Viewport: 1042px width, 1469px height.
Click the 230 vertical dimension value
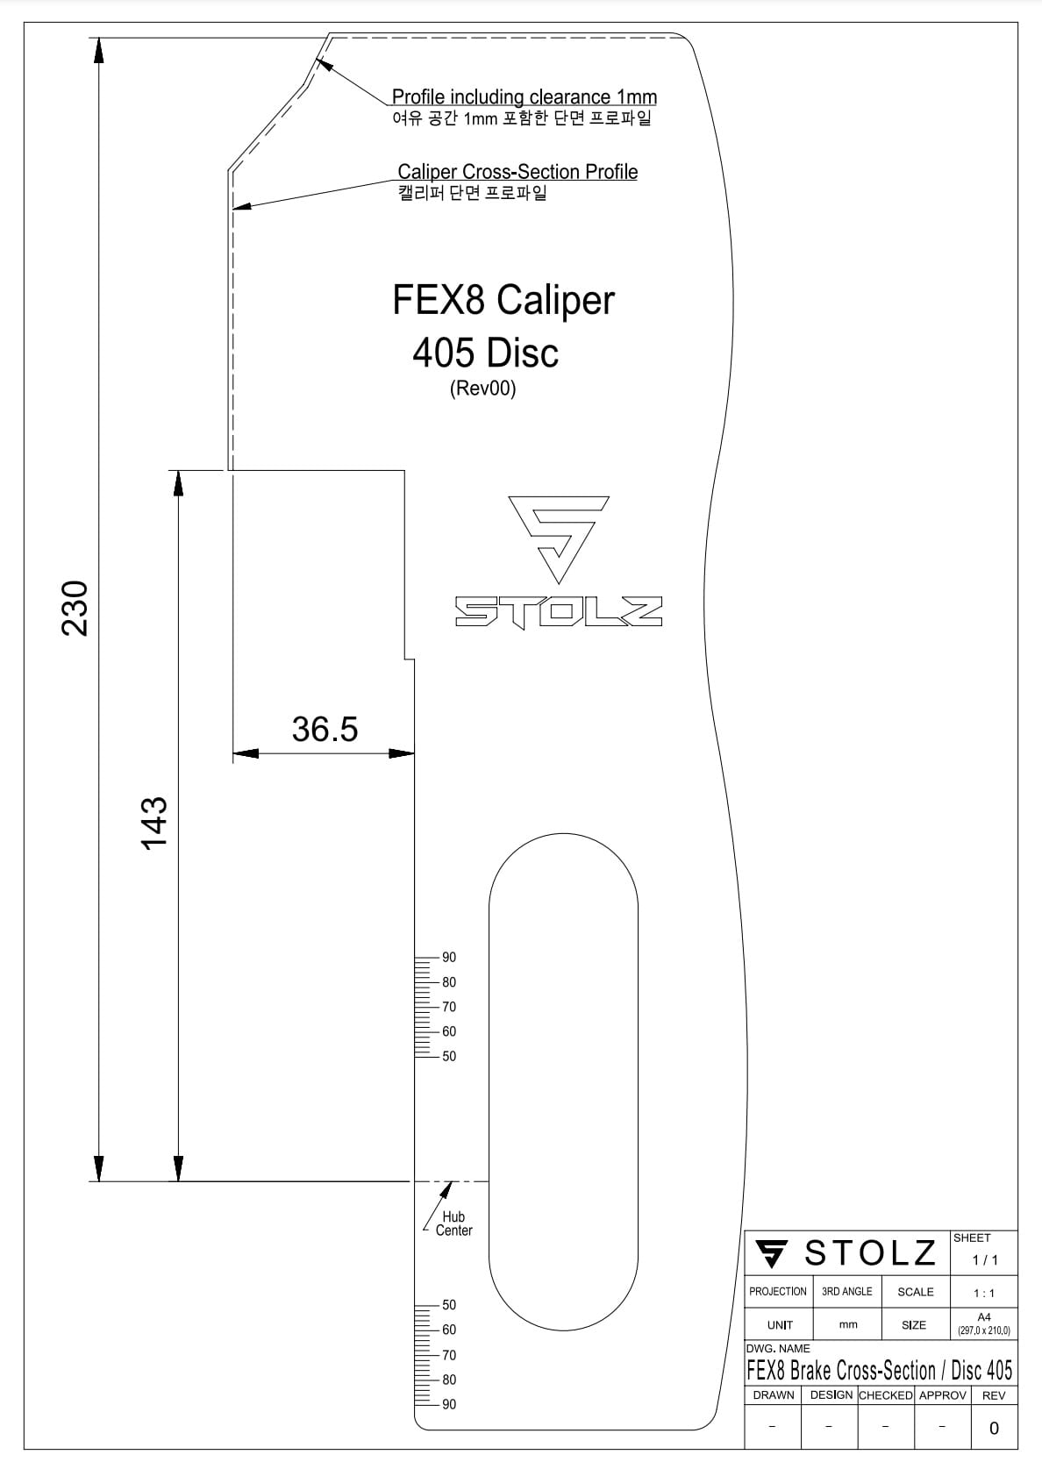(75, 608)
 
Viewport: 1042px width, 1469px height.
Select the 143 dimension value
(154, 823)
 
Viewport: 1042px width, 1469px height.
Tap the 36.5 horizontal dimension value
(325, 729)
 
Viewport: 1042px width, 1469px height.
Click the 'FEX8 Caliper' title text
(503, 300)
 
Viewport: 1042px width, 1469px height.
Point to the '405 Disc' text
(485, 353)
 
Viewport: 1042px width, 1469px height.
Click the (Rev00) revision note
(482, 388)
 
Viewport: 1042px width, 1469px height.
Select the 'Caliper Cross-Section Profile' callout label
(517, 172)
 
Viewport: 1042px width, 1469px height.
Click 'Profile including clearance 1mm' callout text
(524, 97)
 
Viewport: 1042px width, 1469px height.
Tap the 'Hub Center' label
(453, 1223)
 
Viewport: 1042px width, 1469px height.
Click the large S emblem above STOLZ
(559, 538)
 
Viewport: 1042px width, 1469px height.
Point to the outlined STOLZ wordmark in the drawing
(559, 612)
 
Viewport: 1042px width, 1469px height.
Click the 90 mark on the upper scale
(449, 958)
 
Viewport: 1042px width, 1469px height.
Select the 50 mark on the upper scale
(449, 1057)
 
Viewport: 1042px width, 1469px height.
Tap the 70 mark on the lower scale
(449, 1355)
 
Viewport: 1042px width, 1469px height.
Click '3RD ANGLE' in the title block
(846, 1291)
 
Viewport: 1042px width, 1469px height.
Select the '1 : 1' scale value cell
(984, 1293)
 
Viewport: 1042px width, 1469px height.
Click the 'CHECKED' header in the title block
(885, 1394)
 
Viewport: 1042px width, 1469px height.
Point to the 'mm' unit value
(848, 1324)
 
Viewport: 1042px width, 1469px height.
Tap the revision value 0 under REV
(993, 1428)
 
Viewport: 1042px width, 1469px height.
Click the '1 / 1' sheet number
(984, 1259)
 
